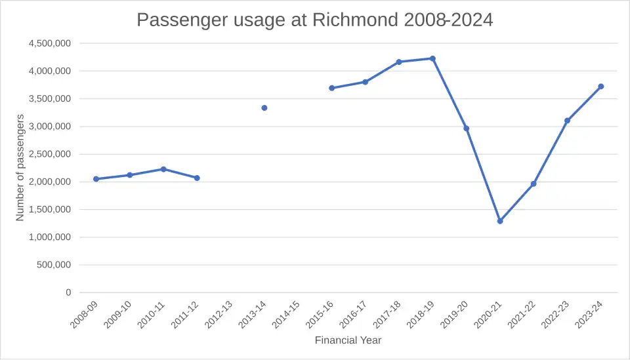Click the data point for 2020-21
500,221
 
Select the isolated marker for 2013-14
264,108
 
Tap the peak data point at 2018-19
432,58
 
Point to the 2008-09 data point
96,179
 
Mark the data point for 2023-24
601,87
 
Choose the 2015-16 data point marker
332,88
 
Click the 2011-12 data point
197,178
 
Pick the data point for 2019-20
467,129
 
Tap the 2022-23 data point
567,121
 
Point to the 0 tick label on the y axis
68,292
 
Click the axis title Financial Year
348,340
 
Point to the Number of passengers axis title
20,167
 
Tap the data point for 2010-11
163,169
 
